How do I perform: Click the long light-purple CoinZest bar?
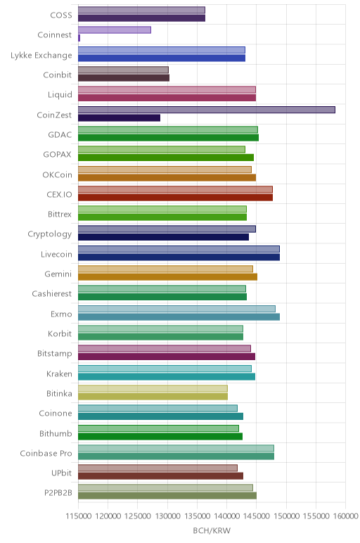[x=207, y=110]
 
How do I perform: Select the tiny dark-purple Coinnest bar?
[x=79, y=38]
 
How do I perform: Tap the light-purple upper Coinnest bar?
[x=115, y=30]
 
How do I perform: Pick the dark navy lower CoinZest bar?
[x=119, y=117]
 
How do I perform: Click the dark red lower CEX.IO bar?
[x=176, y=198]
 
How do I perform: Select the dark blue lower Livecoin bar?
[x=179, y=257]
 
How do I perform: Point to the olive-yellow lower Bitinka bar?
[x=153, y=397]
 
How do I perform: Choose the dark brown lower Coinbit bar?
[x=124, y=78]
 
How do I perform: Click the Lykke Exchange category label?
[x=41, y=56]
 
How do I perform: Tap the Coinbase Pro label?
[x=46, y=453]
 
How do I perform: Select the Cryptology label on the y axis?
[x=50, y=234]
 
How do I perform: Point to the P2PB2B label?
[x=58, y=493]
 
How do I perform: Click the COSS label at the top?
[x=61, y=15]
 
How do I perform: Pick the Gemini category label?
[x=58, y=274]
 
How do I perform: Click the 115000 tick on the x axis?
[x=79, y=516]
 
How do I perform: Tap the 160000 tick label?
[x=345, y=516]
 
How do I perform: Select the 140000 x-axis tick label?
[x=226, y=516]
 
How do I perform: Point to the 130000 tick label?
[x=167, y=516]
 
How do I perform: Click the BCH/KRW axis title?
[x=212, y=530]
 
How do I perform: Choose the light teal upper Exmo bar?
[x=177, y=309]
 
